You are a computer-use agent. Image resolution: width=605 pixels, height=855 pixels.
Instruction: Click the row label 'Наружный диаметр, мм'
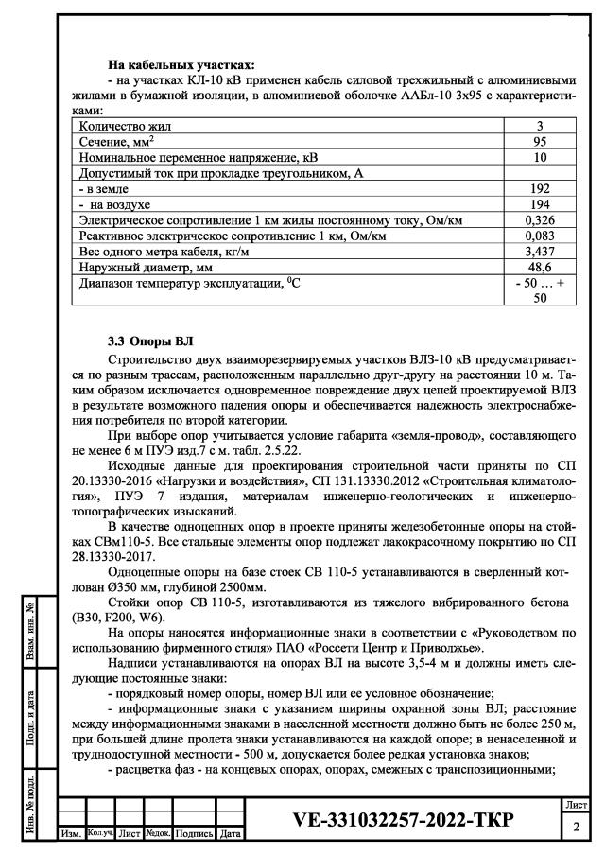(142, 269)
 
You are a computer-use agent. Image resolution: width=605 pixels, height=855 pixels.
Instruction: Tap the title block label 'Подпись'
(195, 834)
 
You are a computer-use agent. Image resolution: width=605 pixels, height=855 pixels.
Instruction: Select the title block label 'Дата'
(230, 834)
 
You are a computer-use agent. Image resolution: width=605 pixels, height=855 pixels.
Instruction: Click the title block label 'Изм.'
(70, 834)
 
